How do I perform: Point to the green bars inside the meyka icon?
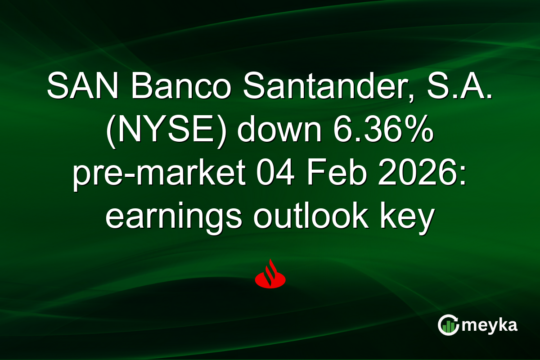(447, 328)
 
